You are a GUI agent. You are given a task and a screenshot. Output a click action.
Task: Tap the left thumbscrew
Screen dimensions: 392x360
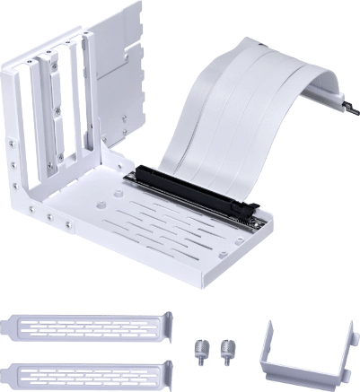pyautogui.click(x=198, y=346)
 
